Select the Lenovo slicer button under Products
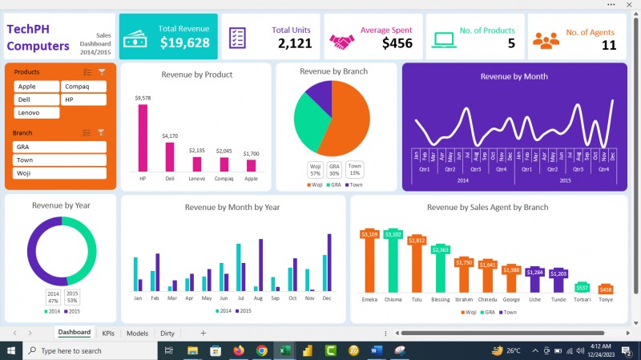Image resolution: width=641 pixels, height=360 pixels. tap(36, 113)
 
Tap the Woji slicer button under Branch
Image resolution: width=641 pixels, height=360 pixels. tap(59, 173)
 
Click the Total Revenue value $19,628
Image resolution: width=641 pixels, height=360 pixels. tap(184, 43)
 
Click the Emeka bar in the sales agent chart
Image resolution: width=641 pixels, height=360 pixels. tap(369, 265)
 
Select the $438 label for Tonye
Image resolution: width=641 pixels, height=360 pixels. tap(606, 289)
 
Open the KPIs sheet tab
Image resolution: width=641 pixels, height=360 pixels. tap(108, 333)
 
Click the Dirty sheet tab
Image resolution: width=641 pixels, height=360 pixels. tap(167, 333)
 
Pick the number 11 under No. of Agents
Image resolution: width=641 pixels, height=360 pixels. tap(608, 45)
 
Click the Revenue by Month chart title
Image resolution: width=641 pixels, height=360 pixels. tap(514, 76)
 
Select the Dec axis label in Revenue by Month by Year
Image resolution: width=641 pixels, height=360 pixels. tap(326, 298)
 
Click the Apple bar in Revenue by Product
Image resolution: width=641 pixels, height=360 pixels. tap(251, 165)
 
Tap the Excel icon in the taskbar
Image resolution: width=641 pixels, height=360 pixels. tap(284, 350)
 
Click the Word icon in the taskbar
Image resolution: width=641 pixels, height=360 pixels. tap(377, 350)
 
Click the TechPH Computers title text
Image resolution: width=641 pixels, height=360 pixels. tap(38, 37)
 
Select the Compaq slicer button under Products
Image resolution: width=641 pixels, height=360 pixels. tap(83, 87)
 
